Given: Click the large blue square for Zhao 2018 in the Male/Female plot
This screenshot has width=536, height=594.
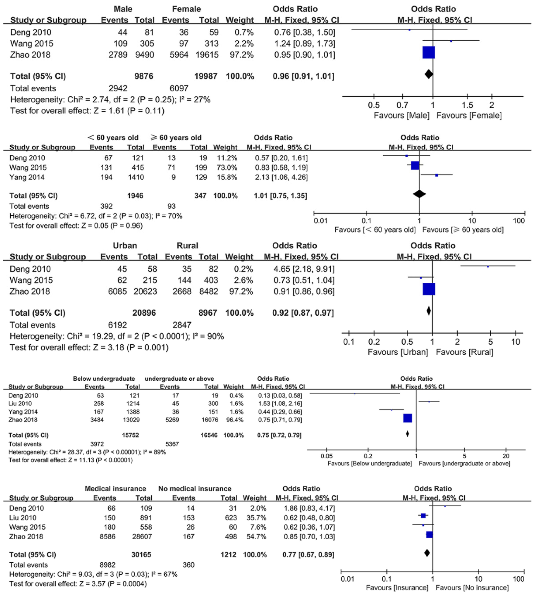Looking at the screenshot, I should [x=428, y=52].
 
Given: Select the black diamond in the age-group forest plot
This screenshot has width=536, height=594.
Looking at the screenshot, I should [x=419, y=194].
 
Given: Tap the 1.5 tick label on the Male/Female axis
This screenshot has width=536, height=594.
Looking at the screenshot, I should [x=467, y=105].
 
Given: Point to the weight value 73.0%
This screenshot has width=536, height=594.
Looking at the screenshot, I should [x=225, y=167].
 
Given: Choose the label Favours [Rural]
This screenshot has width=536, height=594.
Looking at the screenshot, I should [x=464, y=352].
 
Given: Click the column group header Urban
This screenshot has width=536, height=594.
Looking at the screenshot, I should [x=125, y=245].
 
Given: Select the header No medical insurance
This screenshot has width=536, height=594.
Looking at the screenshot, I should [x=195, y=489].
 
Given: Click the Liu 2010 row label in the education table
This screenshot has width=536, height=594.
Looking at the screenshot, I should [x=20, y=403].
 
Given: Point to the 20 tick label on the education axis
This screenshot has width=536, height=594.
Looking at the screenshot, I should [x=506, y=456].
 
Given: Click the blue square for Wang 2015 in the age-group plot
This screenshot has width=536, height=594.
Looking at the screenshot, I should [x=415, y=165].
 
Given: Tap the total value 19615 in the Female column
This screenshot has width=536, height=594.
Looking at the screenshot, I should [x=207, y=55].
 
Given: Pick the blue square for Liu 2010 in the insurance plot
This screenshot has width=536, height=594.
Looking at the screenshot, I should [x=423, y=516].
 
